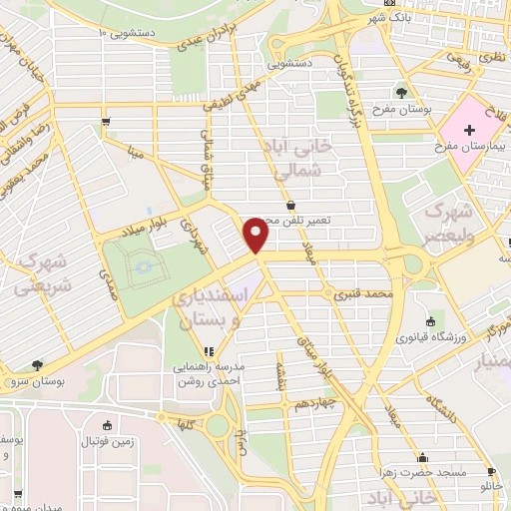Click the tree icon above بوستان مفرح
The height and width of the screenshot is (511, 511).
point(401,93)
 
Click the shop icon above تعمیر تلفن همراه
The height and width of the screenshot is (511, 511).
point(290,204)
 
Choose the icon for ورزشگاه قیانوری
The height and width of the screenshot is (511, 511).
point(430,321)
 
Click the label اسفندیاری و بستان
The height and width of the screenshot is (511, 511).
point(218,309)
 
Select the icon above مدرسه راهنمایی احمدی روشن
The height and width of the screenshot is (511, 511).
point(208,351)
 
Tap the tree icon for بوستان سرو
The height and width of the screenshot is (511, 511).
point(38,365)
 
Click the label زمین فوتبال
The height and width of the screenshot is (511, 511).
point(107,441)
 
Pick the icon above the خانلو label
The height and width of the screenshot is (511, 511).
point(490,472)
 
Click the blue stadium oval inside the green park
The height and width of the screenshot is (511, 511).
point(140,266)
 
